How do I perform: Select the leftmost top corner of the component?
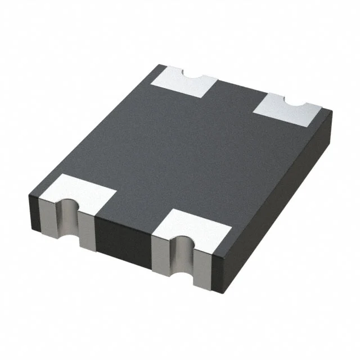(28, 194)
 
